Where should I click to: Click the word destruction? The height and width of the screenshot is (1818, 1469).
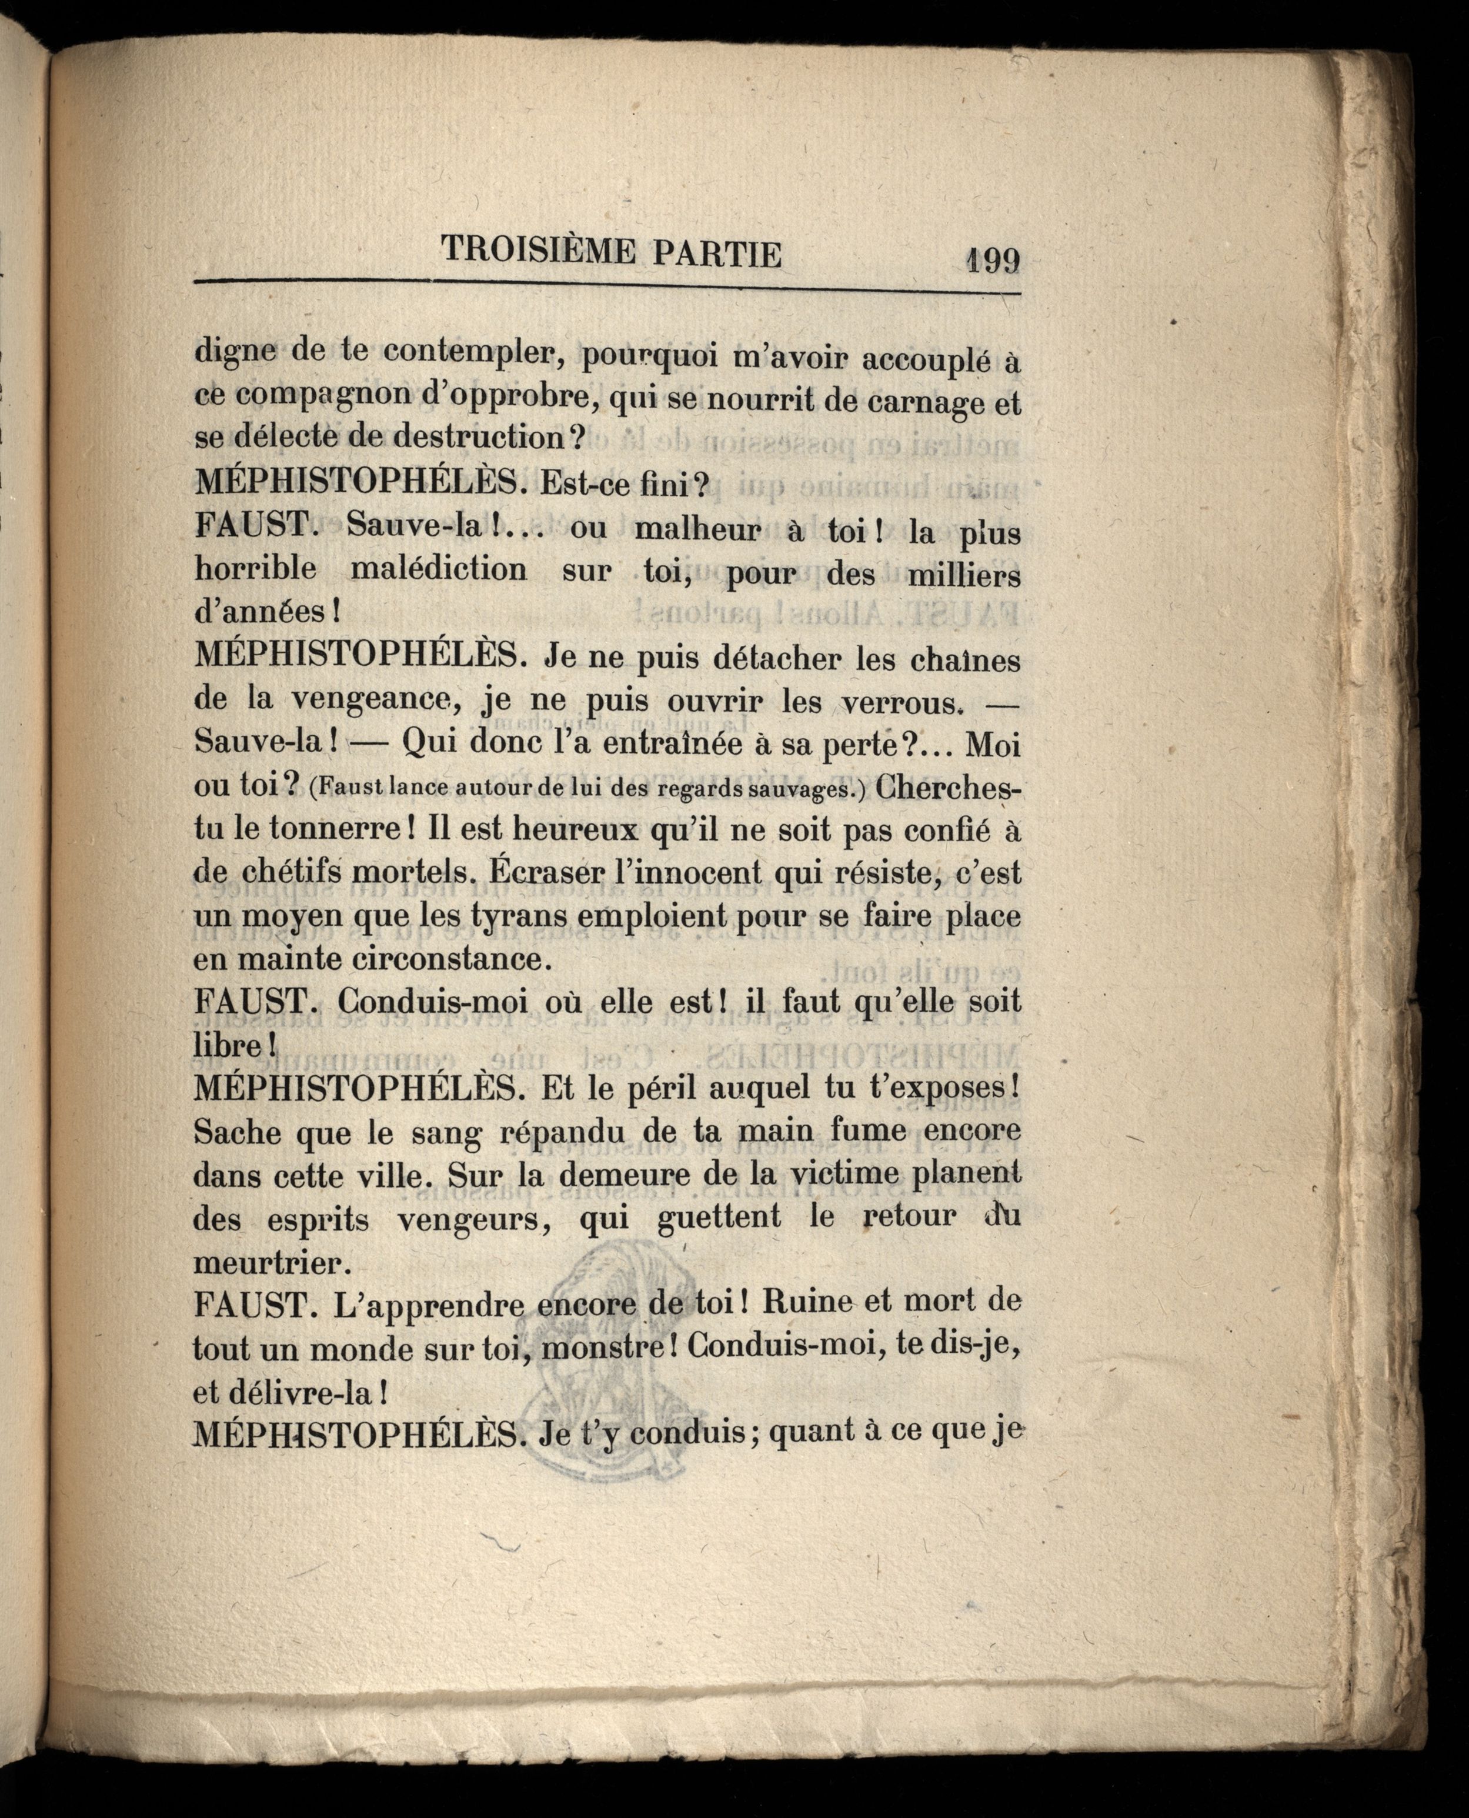478,438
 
